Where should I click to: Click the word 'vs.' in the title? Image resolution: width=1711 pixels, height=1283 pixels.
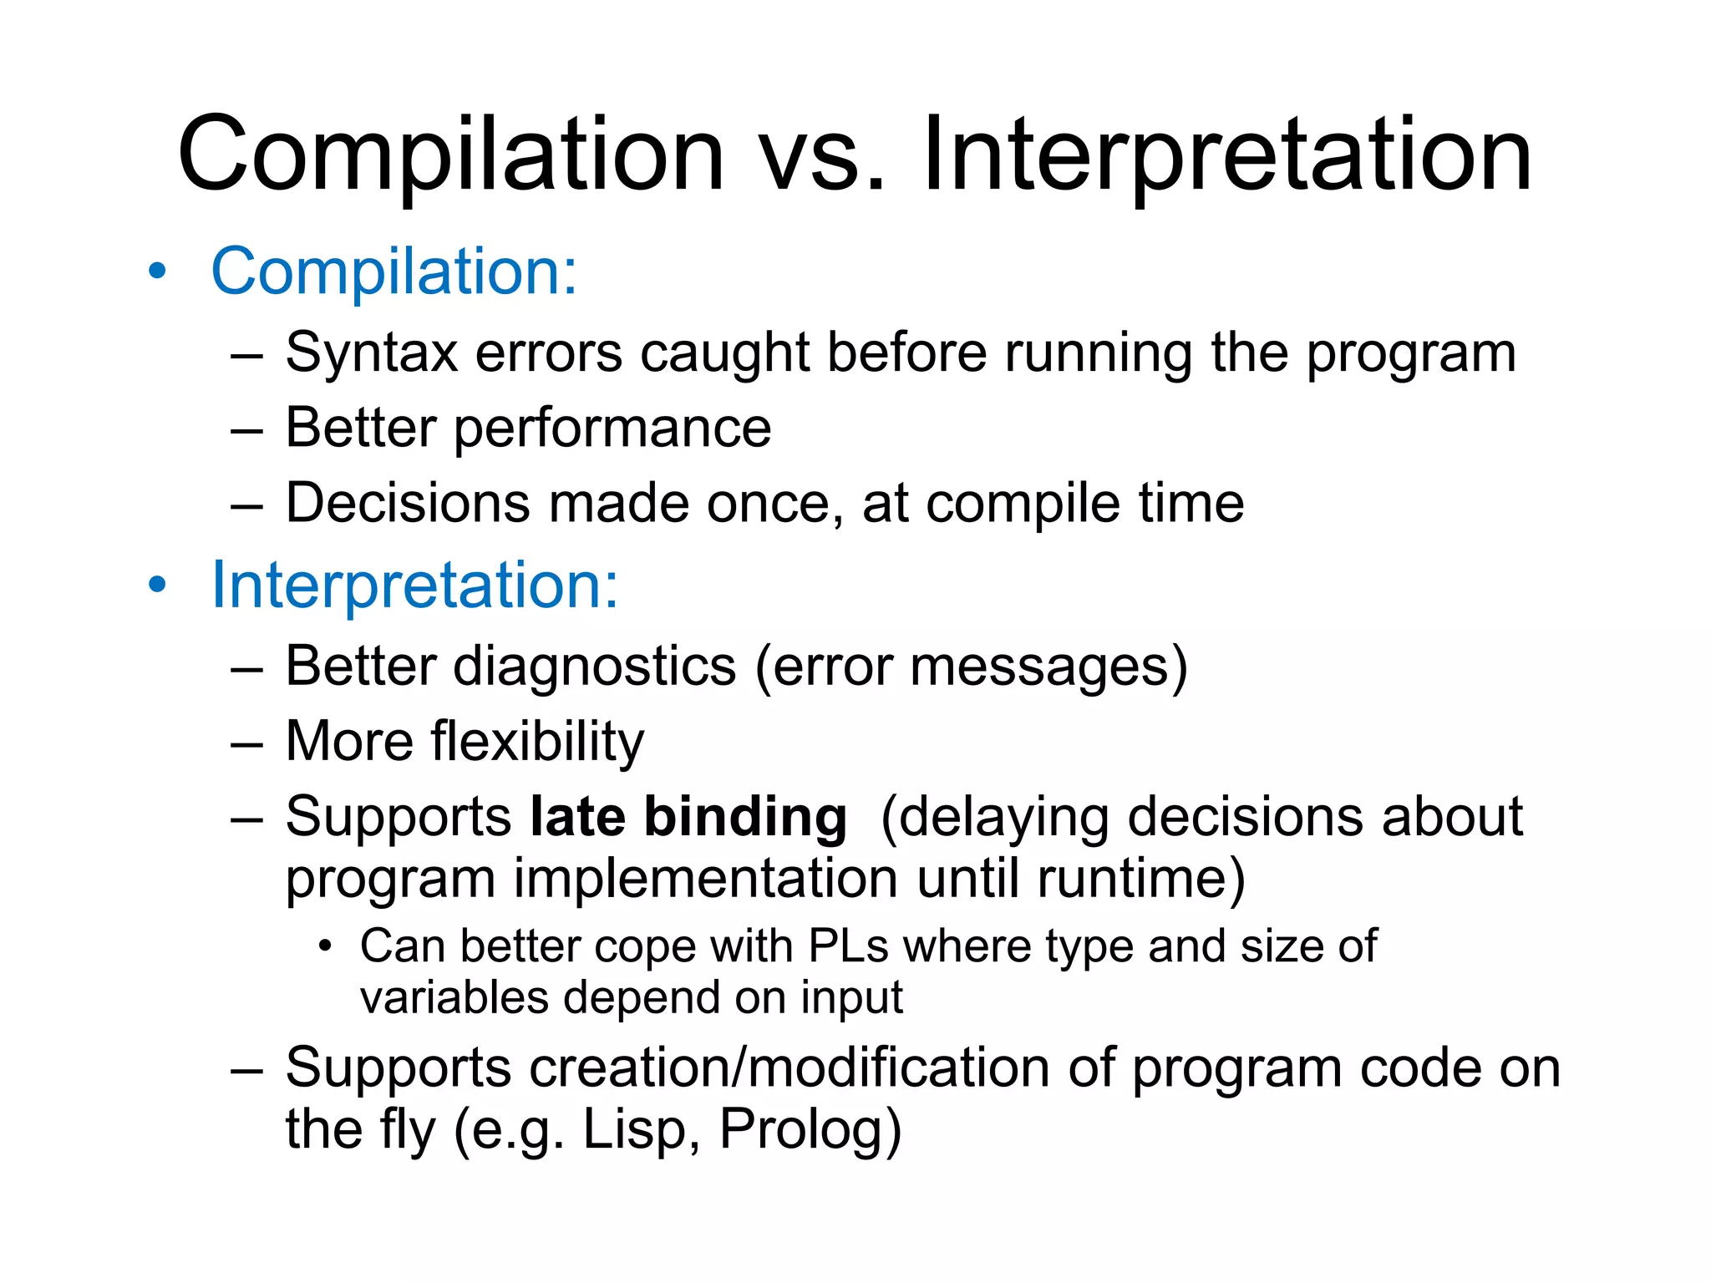[x=822, y=156]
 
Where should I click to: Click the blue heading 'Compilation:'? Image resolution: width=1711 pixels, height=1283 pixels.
[x=393, y=271]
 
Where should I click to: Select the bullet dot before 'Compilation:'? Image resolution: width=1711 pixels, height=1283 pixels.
[x=157, y=272]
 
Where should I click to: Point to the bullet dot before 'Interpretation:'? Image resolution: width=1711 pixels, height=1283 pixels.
[x=157, y=586]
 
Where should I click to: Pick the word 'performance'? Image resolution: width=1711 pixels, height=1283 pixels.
[x=612, y=429]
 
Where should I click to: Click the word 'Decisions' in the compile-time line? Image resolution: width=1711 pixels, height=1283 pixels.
[x=408, y=504]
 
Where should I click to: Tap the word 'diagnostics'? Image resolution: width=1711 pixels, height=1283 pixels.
[x=594, y=667]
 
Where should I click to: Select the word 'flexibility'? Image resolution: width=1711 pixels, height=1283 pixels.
[x=537, y=742]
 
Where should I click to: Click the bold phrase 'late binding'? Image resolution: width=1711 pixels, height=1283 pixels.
[x=688, y=817]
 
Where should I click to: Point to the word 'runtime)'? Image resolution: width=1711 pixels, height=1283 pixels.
[x=1141, y=879]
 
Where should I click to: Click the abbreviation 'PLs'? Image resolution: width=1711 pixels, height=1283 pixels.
[x=848, y=946]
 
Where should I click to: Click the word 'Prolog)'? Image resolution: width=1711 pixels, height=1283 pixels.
[x=810, y=1129]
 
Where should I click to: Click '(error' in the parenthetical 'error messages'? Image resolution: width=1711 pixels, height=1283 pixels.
[x=823, y=667]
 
